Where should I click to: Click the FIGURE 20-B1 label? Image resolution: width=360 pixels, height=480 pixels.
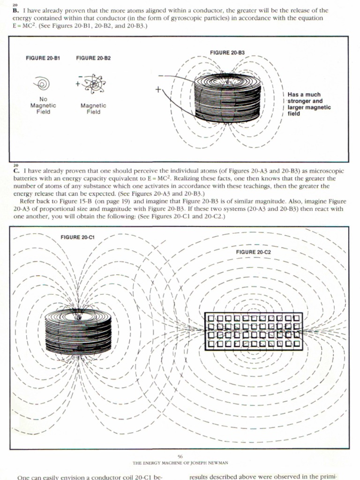pyautogui.click(x=43, y=58)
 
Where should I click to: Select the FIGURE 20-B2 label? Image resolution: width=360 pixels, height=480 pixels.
pyautogui.click(x=93, y=58)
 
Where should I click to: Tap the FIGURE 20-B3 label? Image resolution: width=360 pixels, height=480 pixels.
pyautogui.click(x=227, y=52)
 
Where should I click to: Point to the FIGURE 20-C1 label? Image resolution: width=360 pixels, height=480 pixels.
pyautogui.click(x=78, y=237)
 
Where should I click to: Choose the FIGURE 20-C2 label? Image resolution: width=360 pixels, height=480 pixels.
pyautogui.click(x=254, y=252)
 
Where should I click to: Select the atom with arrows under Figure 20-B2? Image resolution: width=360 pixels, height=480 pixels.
pyautogui.click(x=94, y=84)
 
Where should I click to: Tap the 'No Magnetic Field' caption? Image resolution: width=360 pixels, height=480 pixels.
pyautogui.click(x=43, y=106)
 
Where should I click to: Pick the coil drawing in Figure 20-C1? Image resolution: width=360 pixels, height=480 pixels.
pyautogui.click(x=78, y=331)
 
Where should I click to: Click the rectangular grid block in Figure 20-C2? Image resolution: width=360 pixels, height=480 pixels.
pyautogui.click(x=254, y=331)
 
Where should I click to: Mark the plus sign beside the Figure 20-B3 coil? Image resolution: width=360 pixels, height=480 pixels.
pyautogui.click(x=158, y=89)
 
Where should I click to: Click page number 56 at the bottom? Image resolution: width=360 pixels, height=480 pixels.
pyautogui.click(x=180, y=456)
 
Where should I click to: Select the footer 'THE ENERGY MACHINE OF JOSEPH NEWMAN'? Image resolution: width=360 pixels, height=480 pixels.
pyautogui.click(x=180, y=463)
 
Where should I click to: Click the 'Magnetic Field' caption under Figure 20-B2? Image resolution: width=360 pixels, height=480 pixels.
pyautogui.click(x=93, y=109)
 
